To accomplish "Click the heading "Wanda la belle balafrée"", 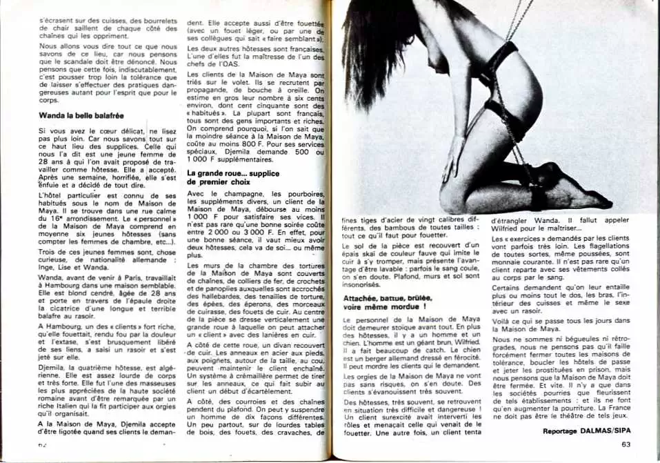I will (81, 115).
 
